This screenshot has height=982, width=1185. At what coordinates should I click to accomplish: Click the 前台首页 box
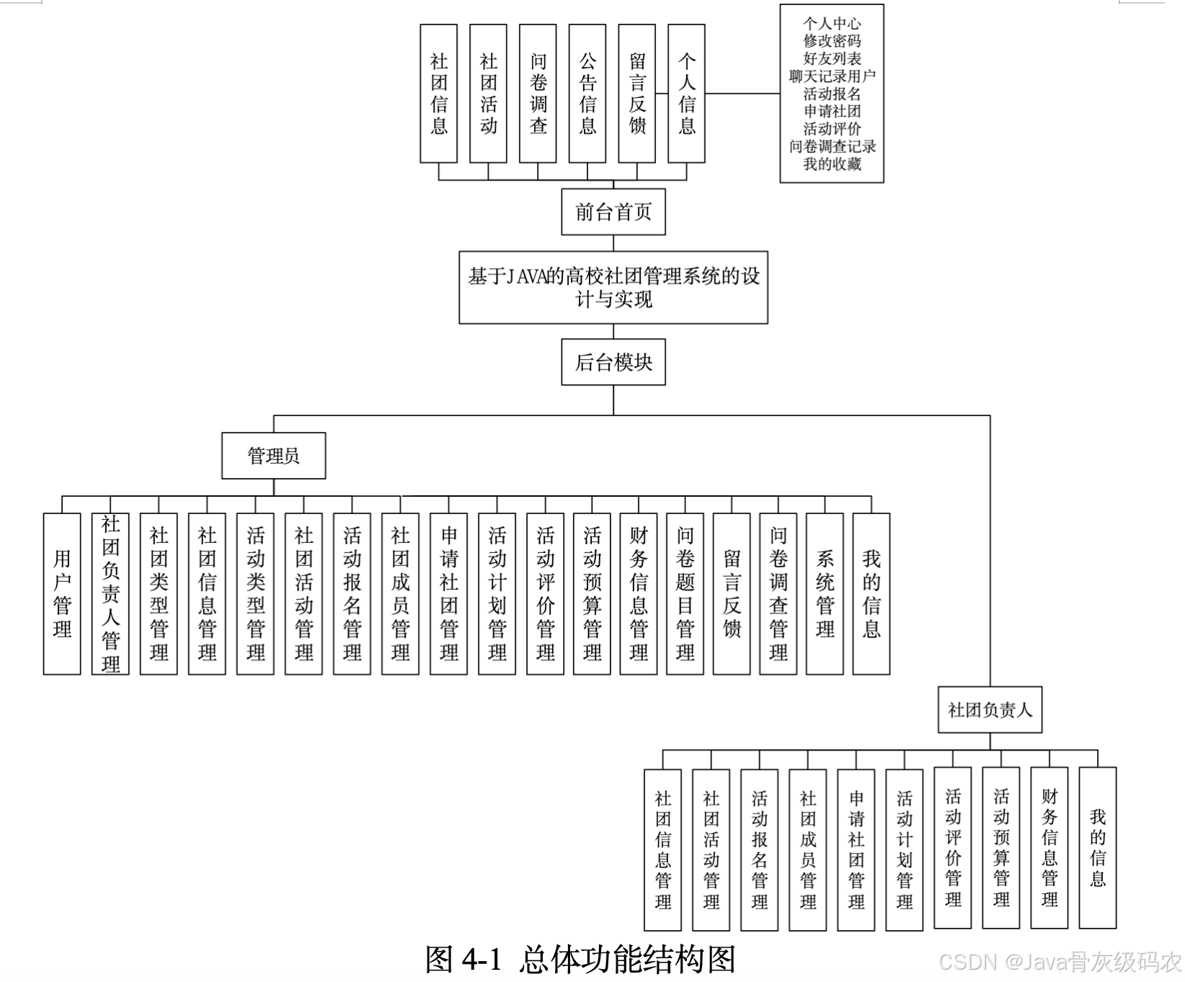coord(613,212)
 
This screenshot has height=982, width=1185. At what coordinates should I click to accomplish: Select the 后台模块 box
coord(613,362)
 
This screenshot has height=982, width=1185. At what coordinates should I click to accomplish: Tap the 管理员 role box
coord(273,456)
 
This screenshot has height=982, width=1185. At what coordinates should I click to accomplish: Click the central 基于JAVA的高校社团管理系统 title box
coord(613,287)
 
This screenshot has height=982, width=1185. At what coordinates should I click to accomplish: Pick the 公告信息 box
coord(587,94)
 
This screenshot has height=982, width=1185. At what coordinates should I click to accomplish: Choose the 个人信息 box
coord(686,94)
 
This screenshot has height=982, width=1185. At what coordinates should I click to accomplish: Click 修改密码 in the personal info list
coord(832,41)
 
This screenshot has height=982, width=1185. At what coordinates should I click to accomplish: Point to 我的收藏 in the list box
coord(832,164)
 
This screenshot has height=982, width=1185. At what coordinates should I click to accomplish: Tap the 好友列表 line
coord(832,58)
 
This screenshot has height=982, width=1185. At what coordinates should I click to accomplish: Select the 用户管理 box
coord(62,593)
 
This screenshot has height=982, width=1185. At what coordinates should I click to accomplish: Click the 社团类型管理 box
coord(159,593)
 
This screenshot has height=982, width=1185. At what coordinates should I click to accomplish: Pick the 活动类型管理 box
coord(255,593)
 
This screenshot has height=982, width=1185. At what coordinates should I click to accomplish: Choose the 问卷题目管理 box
coord(685,593)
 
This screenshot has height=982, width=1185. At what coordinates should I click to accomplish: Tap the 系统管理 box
coord(825,593)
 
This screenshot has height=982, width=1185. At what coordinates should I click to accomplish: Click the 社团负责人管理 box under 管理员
coord(110,593)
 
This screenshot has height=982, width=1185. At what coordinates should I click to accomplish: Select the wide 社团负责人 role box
coord(990,710)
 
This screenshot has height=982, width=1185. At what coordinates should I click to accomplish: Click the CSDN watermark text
coord(1060,962)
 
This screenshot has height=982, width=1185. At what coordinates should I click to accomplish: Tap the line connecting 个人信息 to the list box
coord(742,94)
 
